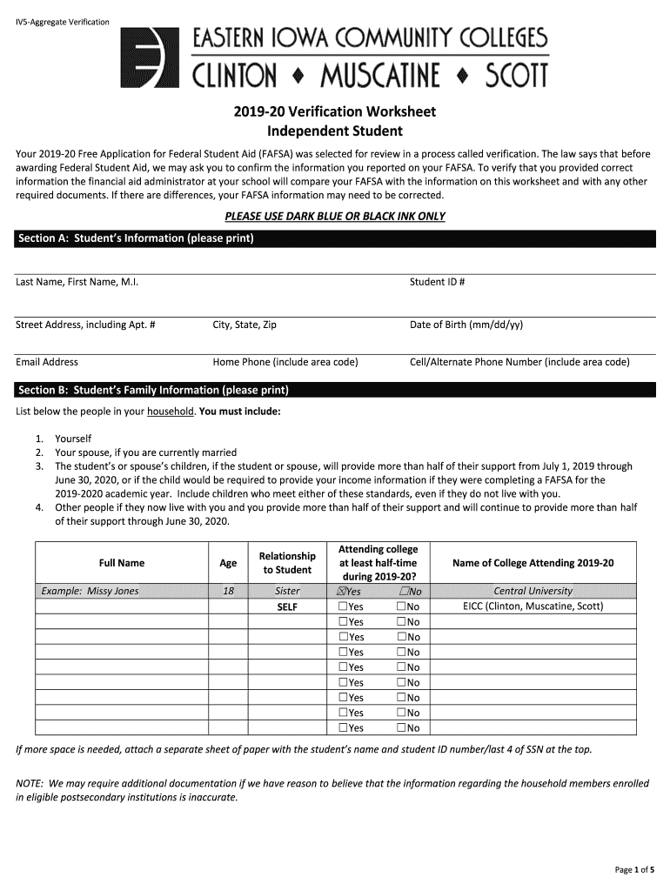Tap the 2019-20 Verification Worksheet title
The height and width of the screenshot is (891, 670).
(x=335, y=112)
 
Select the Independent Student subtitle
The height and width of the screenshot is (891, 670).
(x=335, y=131)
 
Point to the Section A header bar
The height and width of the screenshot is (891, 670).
(x=335, y=238)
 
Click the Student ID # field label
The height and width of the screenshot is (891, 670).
(x=437, y=282)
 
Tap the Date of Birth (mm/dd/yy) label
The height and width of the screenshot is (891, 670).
(x=466, y=325)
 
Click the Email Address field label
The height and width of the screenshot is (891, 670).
(x=47, y=362)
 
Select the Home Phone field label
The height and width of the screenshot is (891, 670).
(x=285, y=362)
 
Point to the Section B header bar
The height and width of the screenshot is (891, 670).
(x=335, y=389)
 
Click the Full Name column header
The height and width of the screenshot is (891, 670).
(x=122, y=563)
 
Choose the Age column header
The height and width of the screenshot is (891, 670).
(x=228, y=563)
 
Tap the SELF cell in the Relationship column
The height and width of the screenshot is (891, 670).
(x=287, y=606)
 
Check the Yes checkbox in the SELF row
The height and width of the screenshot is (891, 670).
(x=344, y=606)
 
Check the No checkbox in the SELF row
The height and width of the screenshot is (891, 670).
(x=400, y=606)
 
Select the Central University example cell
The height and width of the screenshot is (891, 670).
(x=533, y=591)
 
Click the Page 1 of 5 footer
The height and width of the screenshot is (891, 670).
(x=634, y=869)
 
